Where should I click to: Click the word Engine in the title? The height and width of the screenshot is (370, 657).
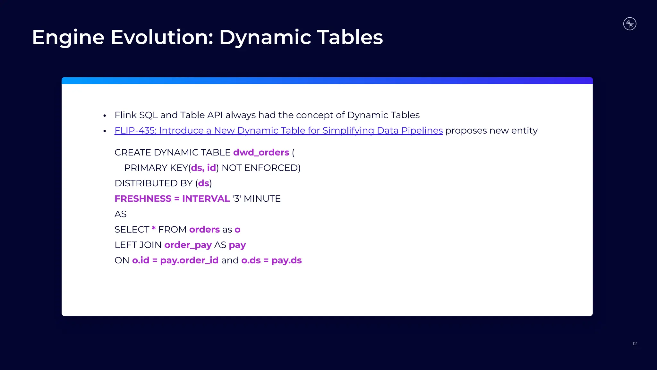coord(68,38)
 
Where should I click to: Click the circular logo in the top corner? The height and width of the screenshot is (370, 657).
coord(630,24)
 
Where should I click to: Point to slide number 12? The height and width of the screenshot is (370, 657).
coord(635,344)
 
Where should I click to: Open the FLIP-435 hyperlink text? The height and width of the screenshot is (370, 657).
coord(278,130)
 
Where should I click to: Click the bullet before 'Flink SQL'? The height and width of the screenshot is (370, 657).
coord(105,116)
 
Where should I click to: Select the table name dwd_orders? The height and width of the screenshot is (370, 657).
coord(261,152)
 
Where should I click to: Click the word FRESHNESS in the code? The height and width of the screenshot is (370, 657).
coord(143,198)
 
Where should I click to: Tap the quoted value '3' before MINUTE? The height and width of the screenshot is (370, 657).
coord(237,198)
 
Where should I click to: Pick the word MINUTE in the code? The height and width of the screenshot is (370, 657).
coord(262,198)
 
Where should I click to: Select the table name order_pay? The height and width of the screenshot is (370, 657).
coord(188,245)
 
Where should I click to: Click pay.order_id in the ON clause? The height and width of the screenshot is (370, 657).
coord(189,260)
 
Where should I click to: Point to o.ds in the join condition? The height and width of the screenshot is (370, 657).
coord(251,260)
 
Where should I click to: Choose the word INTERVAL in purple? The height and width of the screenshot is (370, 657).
coord(206,198)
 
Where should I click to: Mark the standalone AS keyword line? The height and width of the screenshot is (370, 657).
coord(121,214)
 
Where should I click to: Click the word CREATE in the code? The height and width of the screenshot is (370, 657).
coord(133,152)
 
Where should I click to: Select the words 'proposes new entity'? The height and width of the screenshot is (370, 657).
coord(491,130)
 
